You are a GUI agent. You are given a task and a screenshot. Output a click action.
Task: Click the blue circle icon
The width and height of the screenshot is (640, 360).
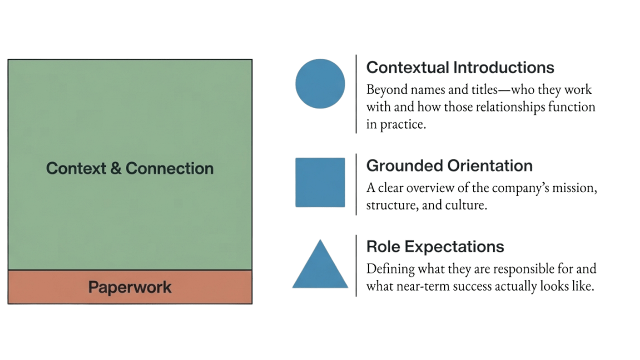[x=320, y=83]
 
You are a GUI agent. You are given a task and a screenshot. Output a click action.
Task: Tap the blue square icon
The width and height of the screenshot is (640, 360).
[x=320, y=182]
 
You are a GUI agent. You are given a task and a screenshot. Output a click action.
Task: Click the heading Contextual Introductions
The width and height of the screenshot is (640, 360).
[x=460, y=67]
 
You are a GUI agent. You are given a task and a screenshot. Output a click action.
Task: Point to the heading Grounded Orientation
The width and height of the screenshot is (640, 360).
[x=449, y=165]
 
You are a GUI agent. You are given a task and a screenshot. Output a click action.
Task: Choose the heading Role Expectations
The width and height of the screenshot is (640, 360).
[x=435, y=246]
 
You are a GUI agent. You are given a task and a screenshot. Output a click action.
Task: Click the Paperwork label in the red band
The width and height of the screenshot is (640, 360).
[x=130, y=287]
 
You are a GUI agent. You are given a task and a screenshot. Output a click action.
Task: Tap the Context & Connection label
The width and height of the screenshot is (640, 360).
[x=130, y=168]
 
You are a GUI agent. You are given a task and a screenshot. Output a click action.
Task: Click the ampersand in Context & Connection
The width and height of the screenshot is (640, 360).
[x=115, y=168]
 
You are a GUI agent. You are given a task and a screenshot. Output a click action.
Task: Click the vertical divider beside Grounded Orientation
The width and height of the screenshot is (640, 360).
[x=356, y=184]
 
